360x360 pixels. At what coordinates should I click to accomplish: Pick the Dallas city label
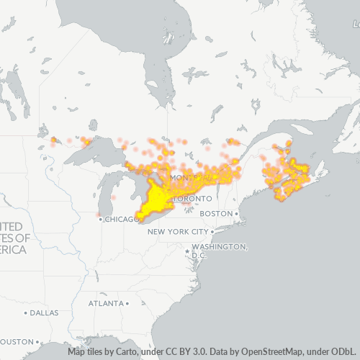pyautogui.click(x=44, y=313)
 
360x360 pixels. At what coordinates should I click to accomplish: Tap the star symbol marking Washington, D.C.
pyautogui.click(x=188, y=252)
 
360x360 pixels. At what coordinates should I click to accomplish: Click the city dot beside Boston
pyautogui.click(x=236, y=214)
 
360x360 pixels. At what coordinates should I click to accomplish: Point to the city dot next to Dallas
pyautogui.click(x=26, y=313)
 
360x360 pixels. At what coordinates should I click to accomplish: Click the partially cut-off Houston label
pyautogui.click(x=17, y=341)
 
